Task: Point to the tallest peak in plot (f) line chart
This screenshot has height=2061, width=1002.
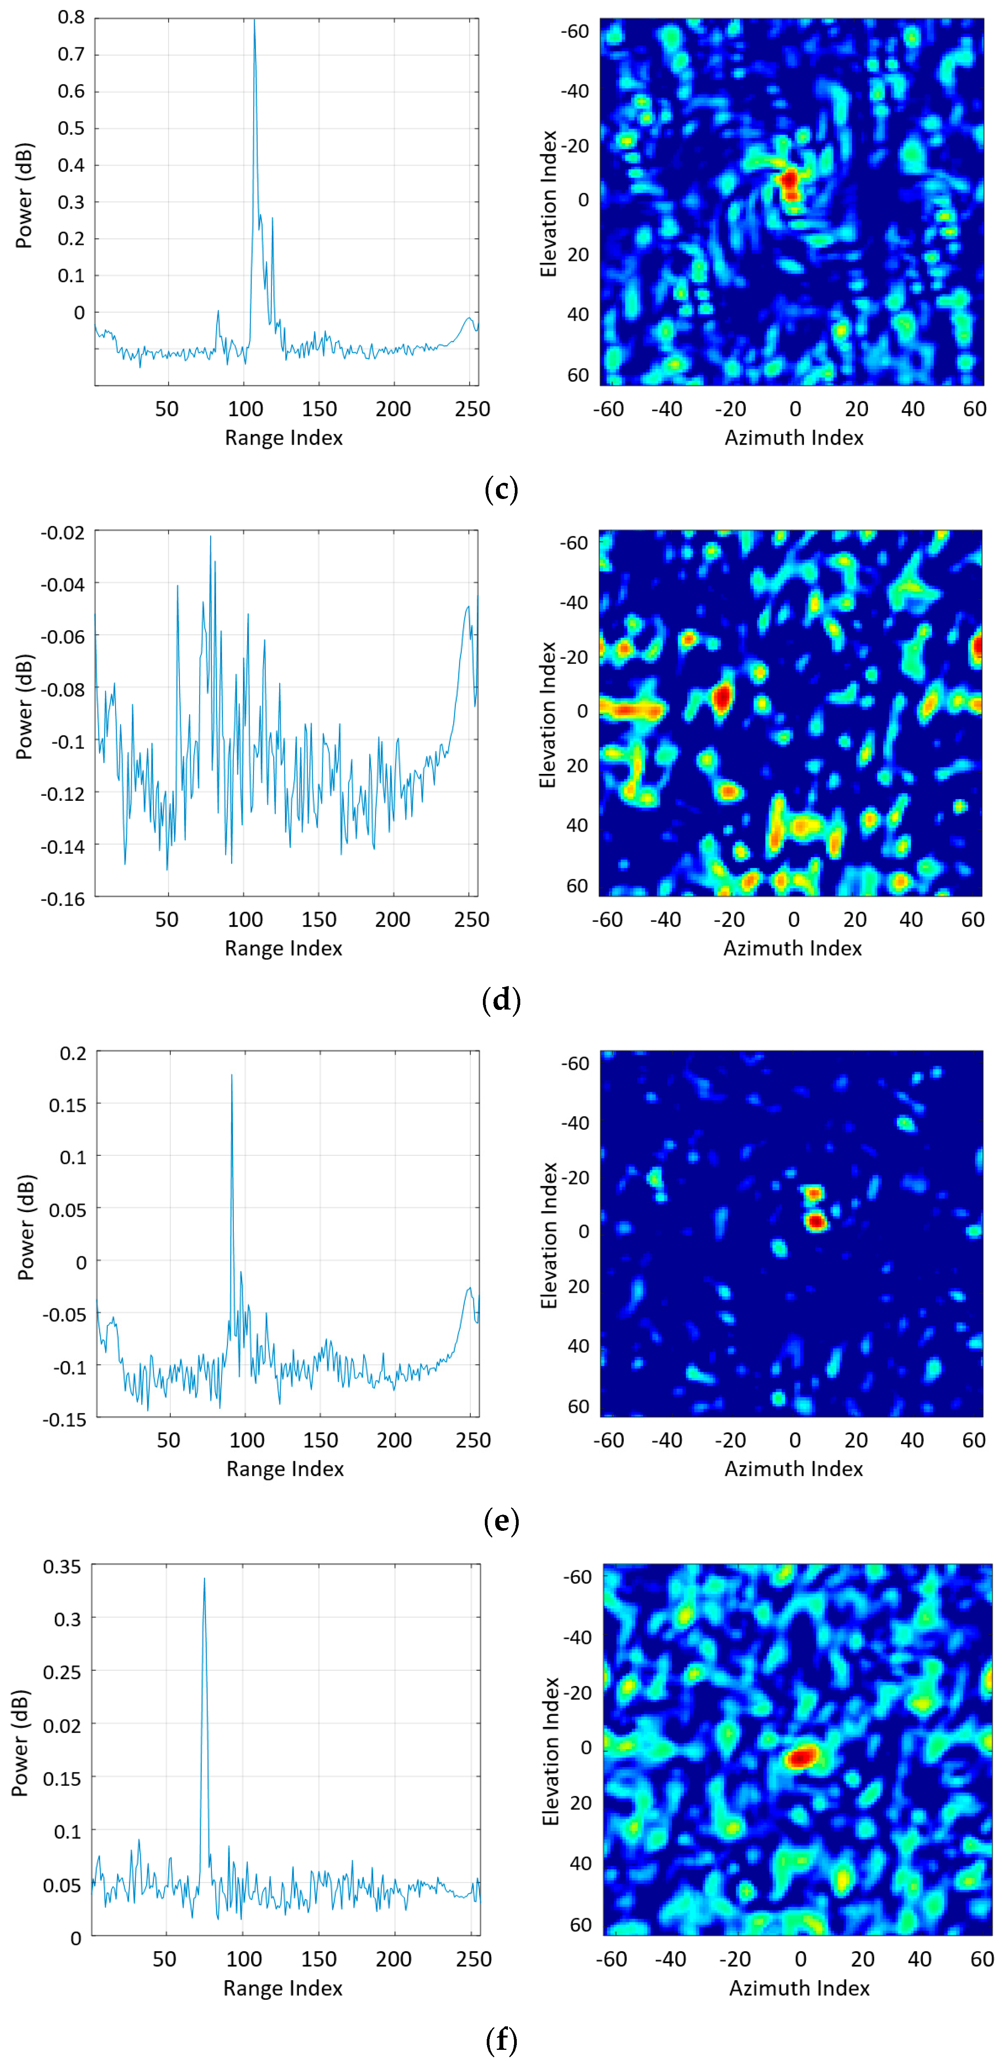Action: click(204, 1579)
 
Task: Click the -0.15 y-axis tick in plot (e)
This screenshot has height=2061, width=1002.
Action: click(64, 1419)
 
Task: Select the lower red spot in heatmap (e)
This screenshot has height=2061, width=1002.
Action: click(816, 1221)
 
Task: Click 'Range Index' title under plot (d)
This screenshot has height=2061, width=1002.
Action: click(283, 948)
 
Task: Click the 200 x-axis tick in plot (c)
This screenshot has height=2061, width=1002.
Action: click(393, 409)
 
